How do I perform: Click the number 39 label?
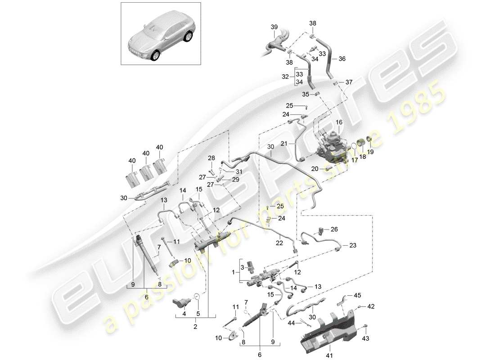274,27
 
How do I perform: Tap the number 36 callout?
342,58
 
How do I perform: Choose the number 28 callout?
211,157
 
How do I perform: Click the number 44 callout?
291,323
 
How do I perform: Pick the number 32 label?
285,76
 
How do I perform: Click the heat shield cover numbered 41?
333,331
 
